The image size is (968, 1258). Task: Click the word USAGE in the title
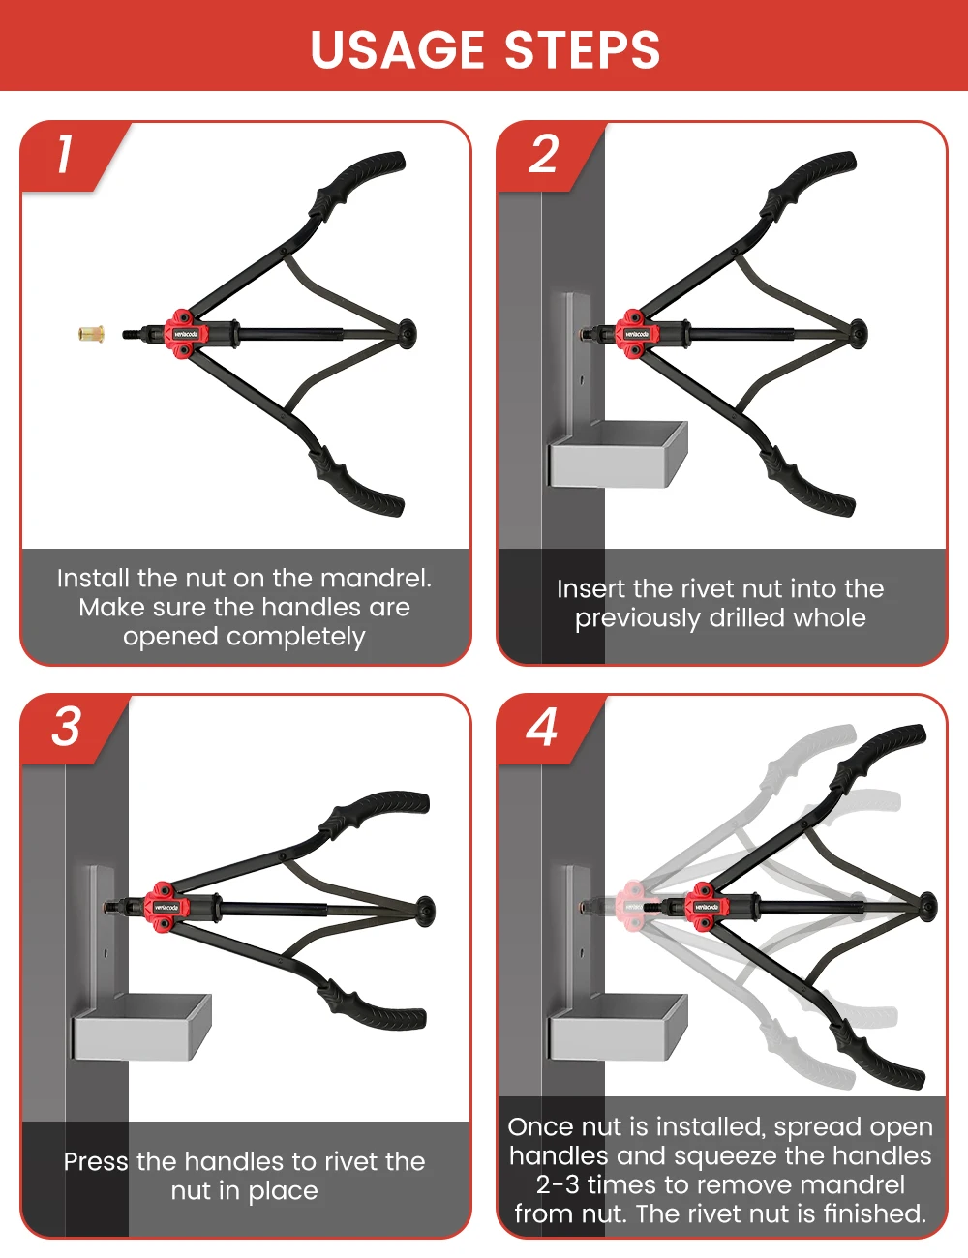click(x=397, y=49)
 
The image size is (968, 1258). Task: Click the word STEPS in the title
click(x=583, y=49)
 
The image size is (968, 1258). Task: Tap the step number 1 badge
click(x=65, y=154)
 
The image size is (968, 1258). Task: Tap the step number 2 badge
click(x=543, y=154)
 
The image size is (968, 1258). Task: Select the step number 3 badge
click(x=65, y=727)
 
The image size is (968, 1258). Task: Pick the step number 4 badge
click(x=542, y=727)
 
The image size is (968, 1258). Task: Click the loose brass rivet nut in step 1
click(x=91, y=334)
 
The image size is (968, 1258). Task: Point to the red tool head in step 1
click(x=185, y=334)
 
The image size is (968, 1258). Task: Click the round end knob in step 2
click(x=859, y=334)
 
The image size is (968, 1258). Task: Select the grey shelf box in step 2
click(x=619, y=454)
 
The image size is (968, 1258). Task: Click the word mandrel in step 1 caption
click(x=376, y=579)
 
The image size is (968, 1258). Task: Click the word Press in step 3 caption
click(x=96, y=1162)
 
